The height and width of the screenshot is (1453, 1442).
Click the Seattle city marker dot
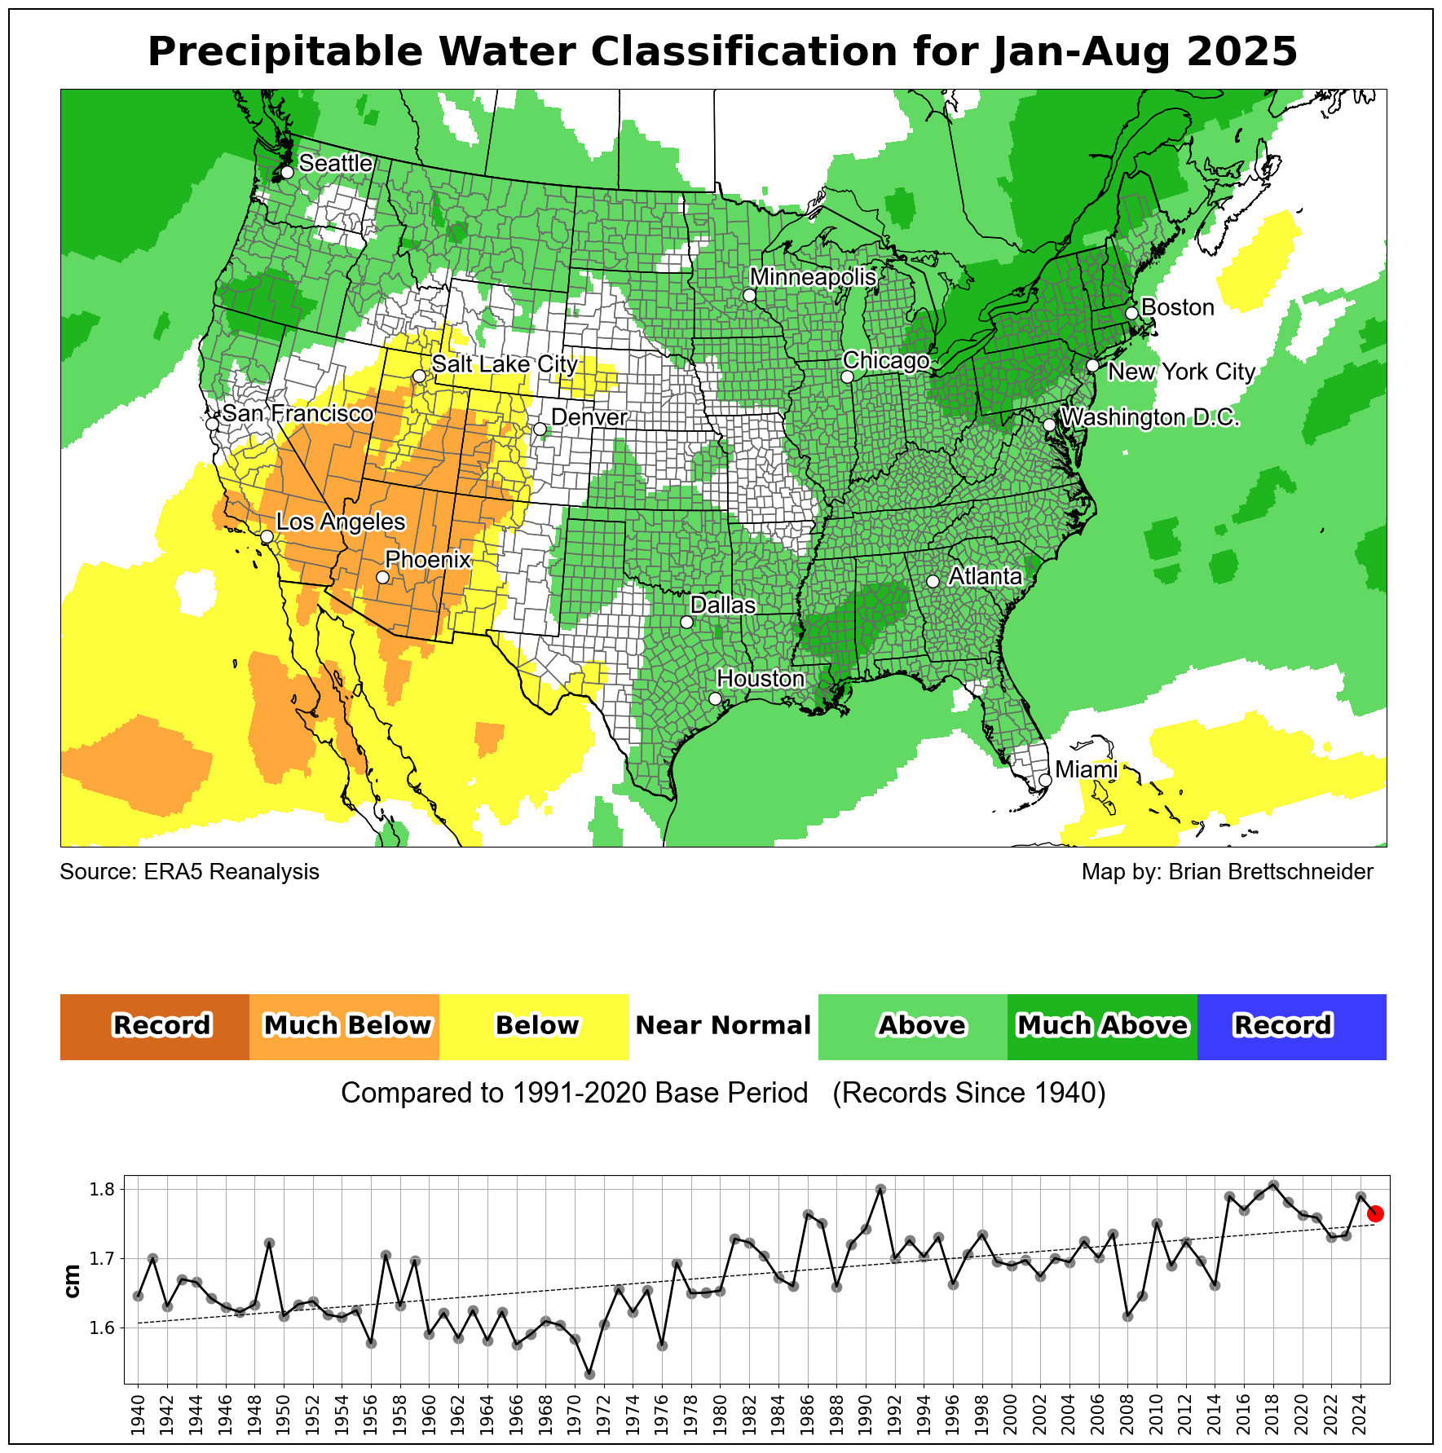coord(287,172)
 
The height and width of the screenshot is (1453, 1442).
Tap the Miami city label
coord(1086,770)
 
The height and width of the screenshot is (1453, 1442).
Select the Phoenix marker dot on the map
coord(382,577)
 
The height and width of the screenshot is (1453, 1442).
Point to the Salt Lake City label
coord(505,364)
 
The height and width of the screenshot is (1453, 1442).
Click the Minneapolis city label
coord(813,278)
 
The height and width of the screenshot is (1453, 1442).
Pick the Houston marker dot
coord(715,698)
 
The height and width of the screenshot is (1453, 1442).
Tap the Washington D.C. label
coord(1150,418)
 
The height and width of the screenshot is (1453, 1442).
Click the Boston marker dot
coord(1131,314)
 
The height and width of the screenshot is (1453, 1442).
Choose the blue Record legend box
coord(1291,1026)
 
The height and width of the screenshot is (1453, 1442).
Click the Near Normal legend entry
coord(723,1026)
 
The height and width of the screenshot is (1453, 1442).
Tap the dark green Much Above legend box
coord(1102,1026)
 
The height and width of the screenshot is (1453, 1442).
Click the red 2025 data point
coord(1375,1213)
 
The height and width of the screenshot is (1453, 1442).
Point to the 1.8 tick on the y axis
coord(104,1190)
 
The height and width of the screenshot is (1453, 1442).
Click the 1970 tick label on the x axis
coord(575,1415)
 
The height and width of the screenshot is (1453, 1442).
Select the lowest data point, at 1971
coord(589,1374)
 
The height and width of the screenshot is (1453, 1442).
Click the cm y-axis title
coord(73,1281)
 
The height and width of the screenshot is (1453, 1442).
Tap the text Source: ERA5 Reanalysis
coord(190,872)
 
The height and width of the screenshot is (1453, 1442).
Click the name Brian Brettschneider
coord(1271,872)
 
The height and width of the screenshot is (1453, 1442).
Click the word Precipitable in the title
coord(285,52)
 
